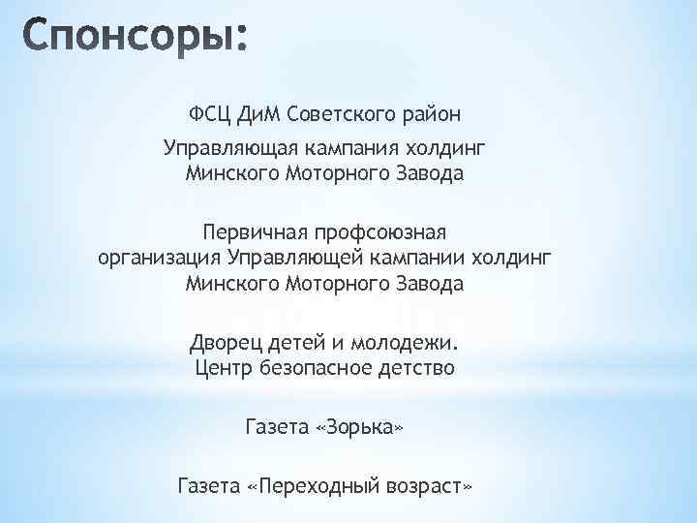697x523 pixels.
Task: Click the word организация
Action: coord(161,259)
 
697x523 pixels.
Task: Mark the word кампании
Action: coord(419,259)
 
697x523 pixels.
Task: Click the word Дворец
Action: coord(224,343)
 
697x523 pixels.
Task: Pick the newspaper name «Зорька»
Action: coord(359,426)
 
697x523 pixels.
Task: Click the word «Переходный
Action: coord(309,484)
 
